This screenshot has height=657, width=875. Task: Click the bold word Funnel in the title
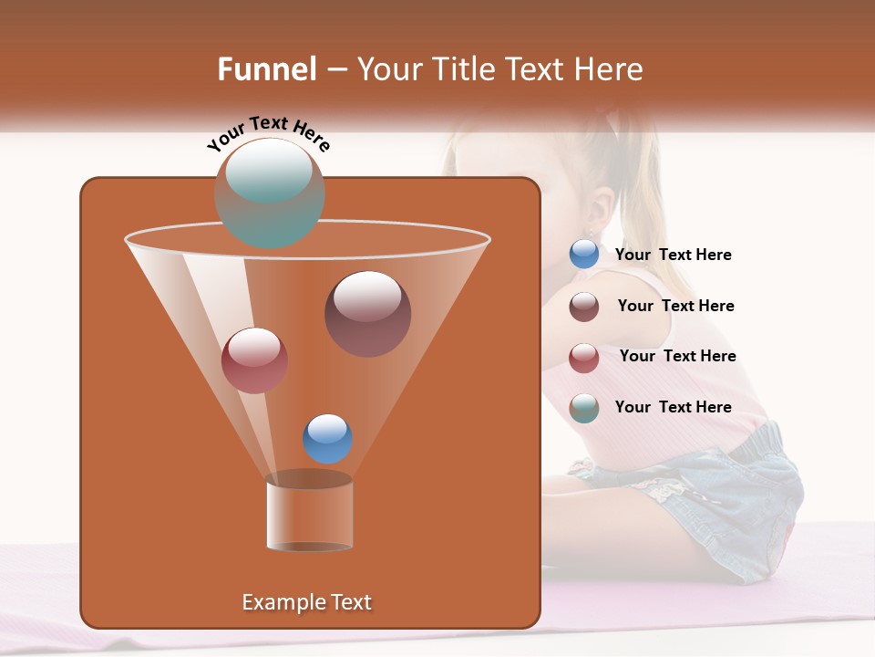point(267,69)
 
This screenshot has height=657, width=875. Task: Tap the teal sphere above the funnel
point(269,193)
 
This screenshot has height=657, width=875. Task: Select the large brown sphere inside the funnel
point(367,314)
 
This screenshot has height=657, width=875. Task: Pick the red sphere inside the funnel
point(254,360)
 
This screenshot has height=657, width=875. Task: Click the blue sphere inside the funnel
point(327,439)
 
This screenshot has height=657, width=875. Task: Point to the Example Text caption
point(306,602)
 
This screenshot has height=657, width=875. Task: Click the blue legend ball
point(584,255)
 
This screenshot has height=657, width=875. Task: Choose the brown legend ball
point(584,307)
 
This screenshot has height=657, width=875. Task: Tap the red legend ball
point(584,358)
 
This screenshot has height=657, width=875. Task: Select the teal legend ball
point(584,408)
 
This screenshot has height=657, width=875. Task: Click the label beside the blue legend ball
point(673,255)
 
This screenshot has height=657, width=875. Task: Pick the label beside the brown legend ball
point(675,307)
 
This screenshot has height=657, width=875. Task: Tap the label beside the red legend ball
point(677,357)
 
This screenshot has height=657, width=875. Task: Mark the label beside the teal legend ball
point(673,408)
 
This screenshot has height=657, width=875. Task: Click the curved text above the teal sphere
point(268,133)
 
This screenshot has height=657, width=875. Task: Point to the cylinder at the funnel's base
point(310,516)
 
